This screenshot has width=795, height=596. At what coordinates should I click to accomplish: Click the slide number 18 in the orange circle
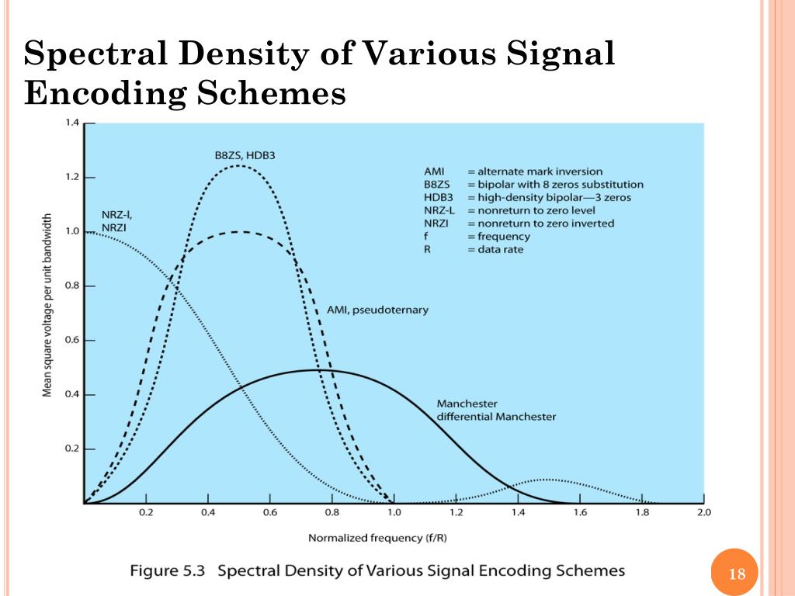[737, 575]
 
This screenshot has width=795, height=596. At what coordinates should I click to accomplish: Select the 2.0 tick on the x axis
[704, 513]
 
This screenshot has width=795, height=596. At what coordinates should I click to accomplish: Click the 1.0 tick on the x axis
[394, 513]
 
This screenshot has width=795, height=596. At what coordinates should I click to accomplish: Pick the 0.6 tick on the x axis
[269, 513]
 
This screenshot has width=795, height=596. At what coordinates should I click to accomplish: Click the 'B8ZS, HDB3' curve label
[245, 156]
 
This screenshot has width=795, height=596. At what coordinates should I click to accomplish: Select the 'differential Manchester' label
[496, 417]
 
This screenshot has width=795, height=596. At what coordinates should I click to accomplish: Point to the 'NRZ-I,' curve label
[117, 214]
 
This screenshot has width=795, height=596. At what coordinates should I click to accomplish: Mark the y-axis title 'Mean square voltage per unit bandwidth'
[47, 305]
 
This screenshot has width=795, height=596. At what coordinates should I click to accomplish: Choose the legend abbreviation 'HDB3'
[437, 197]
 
